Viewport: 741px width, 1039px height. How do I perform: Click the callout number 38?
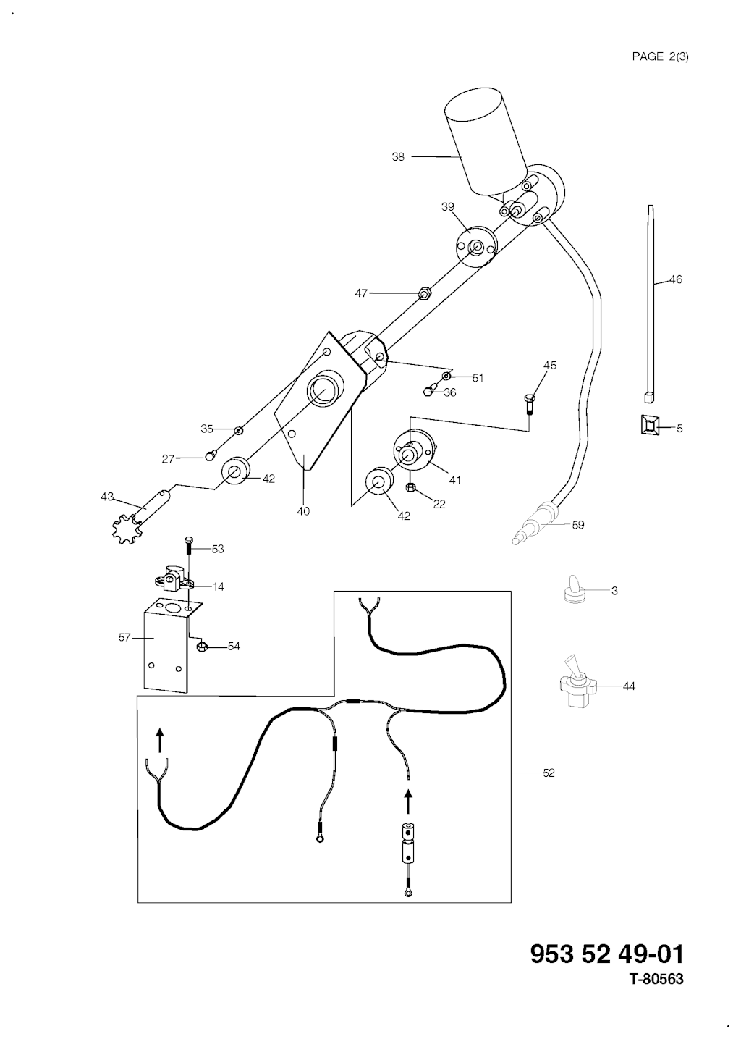click(x=398, y=156)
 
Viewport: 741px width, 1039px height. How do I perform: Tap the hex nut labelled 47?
click(x=425, y=293)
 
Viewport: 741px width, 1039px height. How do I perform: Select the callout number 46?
click(x=675, y=279)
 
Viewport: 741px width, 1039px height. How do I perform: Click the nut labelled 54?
click(x=203, y=646)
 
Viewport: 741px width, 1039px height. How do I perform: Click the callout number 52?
click(x=549, y=773)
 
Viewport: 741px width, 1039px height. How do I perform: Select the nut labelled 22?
click(x=410, y=488)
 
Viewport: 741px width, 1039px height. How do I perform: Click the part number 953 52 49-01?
click(x=606, y=954)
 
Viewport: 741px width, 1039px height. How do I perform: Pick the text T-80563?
click(x=656, y=980)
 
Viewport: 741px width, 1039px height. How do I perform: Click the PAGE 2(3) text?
click(x=660, y=56)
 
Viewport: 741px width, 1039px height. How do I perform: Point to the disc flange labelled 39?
click(x=476, y=247)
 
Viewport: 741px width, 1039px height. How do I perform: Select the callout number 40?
click(x=303, y=511)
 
